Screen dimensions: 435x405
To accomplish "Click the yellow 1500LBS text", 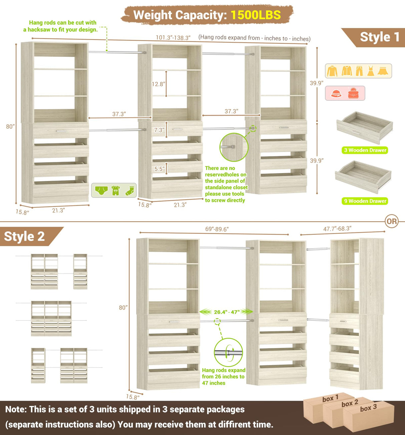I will pos(256,15).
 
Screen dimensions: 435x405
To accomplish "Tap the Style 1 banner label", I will pos(379,37).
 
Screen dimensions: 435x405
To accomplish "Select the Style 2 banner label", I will pos(24,236).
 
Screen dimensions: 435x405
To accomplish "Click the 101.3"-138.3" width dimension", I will pos(173,38).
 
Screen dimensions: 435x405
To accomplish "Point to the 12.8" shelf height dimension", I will pos(158,84).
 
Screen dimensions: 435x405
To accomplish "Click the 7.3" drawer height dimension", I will pos(159,130).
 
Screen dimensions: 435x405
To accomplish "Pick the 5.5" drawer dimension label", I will pos(159,169).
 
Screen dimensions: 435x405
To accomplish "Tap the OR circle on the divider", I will pos(392,221).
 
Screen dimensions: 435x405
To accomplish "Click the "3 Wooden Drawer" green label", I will pos(365,150).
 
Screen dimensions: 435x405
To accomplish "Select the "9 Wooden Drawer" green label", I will pos(365,201).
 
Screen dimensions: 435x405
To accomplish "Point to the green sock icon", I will pos(130,191).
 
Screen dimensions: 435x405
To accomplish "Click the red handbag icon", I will pos(353,93).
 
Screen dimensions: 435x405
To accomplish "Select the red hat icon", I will pos(336,93).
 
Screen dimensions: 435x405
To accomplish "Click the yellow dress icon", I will pos(371,71).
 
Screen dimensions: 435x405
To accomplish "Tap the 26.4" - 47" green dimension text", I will pos(227,312).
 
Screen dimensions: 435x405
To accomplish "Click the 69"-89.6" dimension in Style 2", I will pos(217,229).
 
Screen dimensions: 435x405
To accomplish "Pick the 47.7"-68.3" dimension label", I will pos(337,229).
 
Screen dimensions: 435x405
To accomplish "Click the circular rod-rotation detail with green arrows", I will pos(229,352).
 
